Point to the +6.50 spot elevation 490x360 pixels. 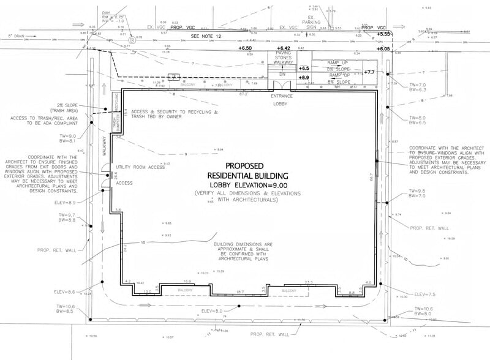point(245,48)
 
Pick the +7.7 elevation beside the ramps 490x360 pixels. point(369,72)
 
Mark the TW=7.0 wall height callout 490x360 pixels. point(417,86)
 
